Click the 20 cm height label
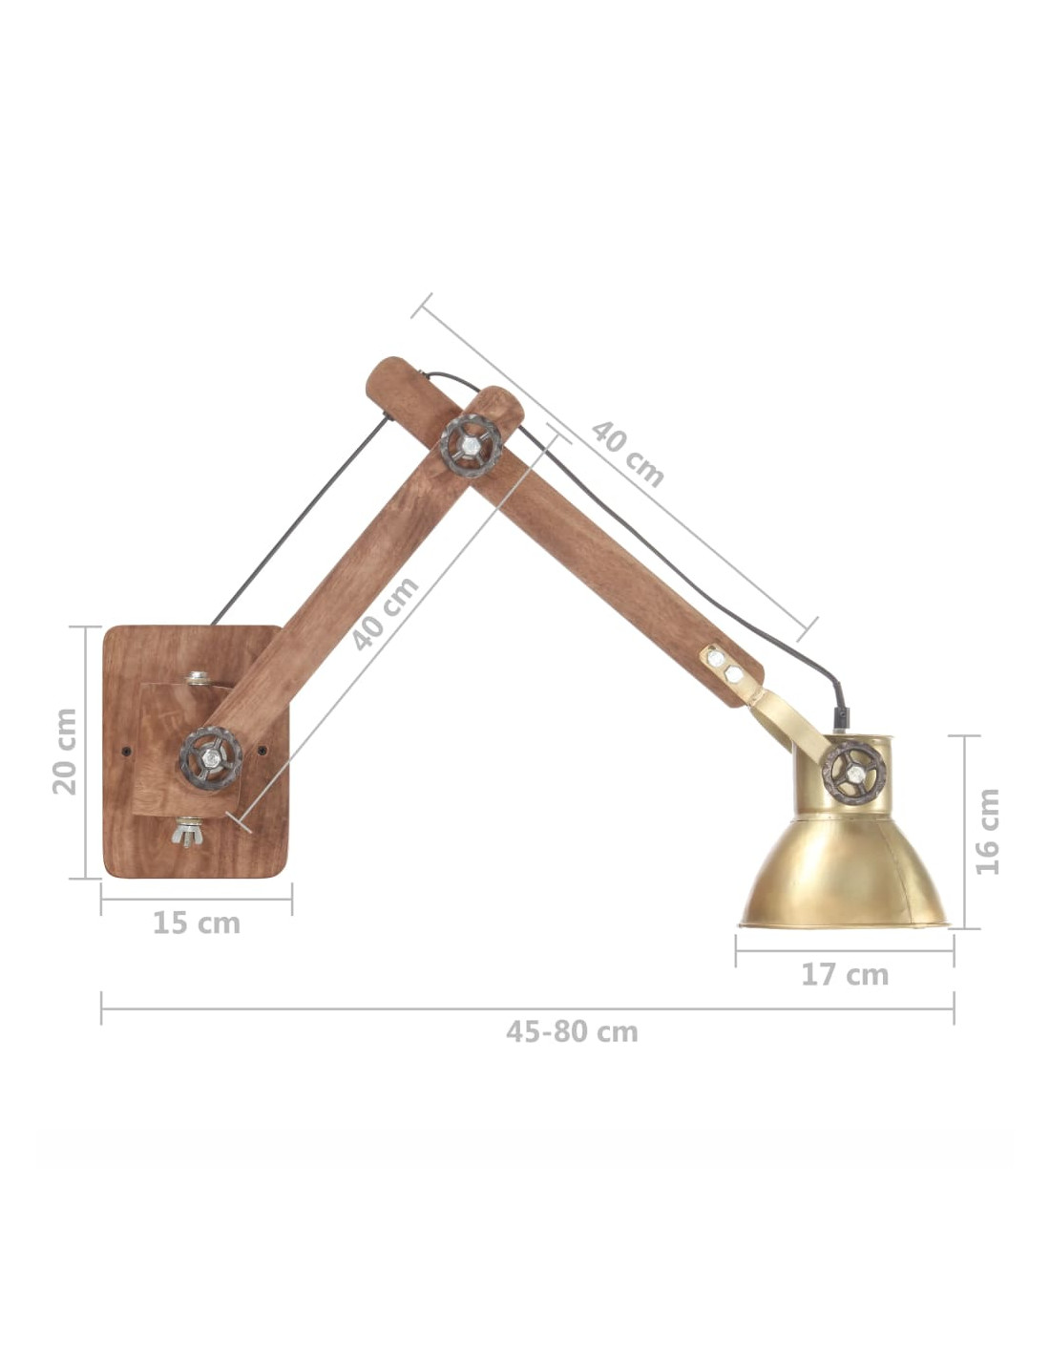click(x=64, y=752)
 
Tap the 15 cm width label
click(x=196, y=924)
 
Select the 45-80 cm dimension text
click(x=572, y=1031)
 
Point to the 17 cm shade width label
click(x=845, y=975)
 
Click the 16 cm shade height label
click(x=988, y=832)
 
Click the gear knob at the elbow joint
click(x=471, y=446)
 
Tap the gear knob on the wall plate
click(x=211, y=758)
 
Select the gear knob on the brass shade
click(x=853, y=773)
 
